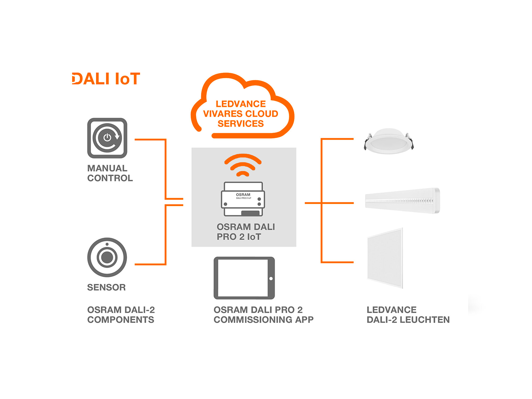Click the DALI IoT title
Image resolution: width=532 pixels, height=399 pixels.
(x=106, y=79)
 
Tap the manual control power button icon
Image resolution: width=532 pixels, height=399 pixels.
(x=107, y=138)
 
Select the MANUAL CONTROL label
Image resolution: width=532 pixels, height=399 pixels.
(x=110, y=173)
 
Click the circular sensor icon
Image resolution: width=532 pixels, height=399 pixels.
(x=107, y=257)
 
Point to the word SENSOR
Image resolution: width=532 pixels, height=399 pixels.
(x=106, y=287)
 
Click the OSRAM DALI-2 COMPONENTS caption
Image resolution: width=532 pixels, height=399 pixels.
(x=121, y=315)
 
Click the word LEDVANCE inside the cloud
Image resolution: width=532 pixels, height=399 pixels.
(x=240, y=104)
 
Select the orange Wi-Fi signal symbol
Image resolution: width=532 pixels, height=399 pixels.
(x=243, y=165)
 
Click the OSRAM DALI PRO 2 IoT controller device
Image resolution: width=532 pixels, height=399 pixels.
(x=243, y=199)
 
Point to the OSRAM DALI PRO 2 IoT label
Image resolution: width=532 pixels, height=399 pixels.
(x=245, y=232)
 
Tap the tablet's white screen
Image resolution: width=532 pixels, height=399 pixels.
(x=243, y=278)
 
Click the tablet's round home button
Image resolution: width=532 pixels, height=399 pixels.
(x=271, y=279)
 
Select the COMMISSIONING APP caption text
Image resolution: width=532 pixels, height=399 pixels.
(x=263, y=319)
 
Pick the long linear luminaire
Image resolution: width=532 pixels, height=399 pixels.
(x=402, y=201)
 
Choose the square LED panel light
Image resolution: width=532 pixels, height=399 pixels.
(x=385, y=258)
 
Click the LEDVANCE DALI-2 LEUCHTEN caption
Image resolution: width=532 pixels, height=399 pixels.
(x=408, y=315)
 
